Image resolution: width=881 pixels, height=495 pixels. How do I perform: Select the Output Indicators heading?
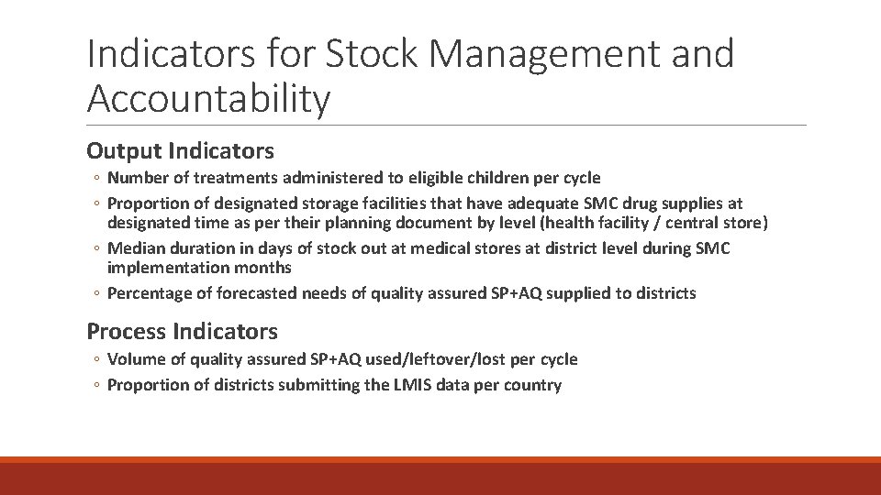coord(180,150)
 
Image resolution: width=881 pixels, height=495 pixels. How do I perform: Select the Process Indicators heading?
coord(182,331)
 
